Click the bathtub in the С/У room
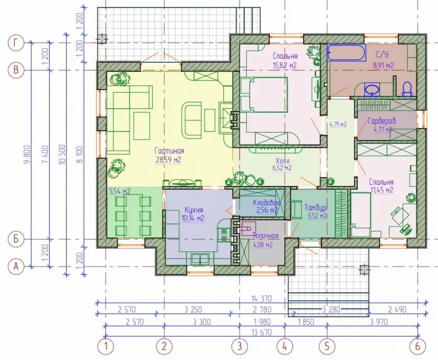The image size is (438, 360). click(x=346, y=52)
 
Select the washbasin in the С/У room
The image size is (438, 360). click(x=372, y=89)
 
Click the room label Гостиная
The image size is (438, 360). click(x=169, y=151)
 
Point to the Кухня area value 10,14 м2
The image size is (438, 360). click(x=193, y=218)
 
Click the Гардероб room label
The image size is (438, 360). click(x=381, y=121)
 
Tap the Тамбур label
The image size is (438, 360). click(x=316, y=207)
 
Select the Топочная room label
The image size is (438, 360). click(x=266, y=236)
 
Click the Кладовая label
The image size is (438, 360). click(x=266, y=202)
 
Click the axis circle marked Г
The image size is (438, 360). click(x=16, y=43)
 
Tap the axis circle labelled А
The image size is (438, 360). click(x=16, y=267)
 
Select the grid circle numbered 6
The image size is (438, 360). click(x=417, y=346)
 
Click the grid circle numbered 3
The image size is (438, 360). click(x=240, y=346)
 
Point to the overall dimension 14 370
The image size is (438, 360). click(x=261, y=299)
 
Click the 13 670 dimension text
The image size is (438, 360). click(x=261, y=332)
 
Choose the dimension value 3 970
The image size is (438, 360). click(x=379, y=322)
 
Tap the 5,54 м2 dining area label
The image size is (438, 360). click(x=120, y=191)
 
